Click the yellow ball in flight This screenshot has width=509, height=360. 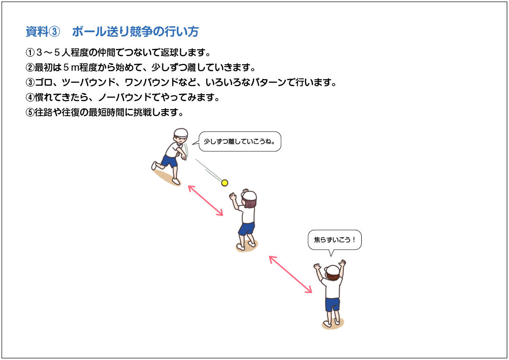224,183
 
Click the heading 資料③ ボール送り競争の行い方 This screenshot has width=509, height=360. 112,31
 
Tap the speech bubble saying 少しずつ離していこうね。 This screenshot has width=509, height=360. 240,141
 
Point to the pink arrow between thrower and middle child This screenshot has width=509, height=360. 205,200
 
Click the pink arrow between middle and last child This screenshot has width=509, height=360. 291,274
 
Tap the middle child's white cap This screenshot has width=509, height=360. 249,195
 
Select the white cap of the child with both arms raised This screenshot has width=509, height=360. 332,270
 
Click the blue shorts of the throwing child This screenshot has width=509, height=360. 170,161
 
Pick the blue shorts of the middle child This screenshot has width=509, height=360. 247,228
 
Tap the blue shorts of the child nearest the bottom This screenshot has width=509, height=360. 332,304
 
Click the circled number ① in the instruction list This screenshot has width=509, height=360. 30,52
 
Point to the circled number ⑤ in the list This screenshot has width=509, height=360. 30,112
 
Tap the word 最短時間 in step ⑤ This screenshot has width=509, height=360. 107,112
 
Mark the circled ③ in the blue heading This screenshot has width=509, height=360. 54,32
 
